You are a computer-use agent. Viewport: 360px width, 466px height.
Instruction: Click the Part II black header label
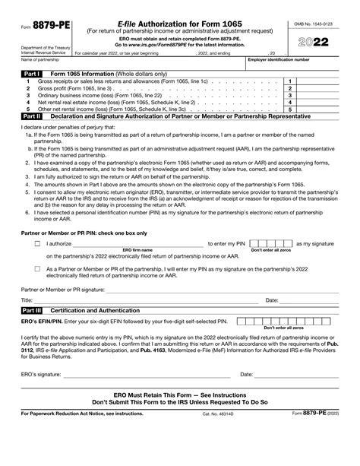coord(32,116)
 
